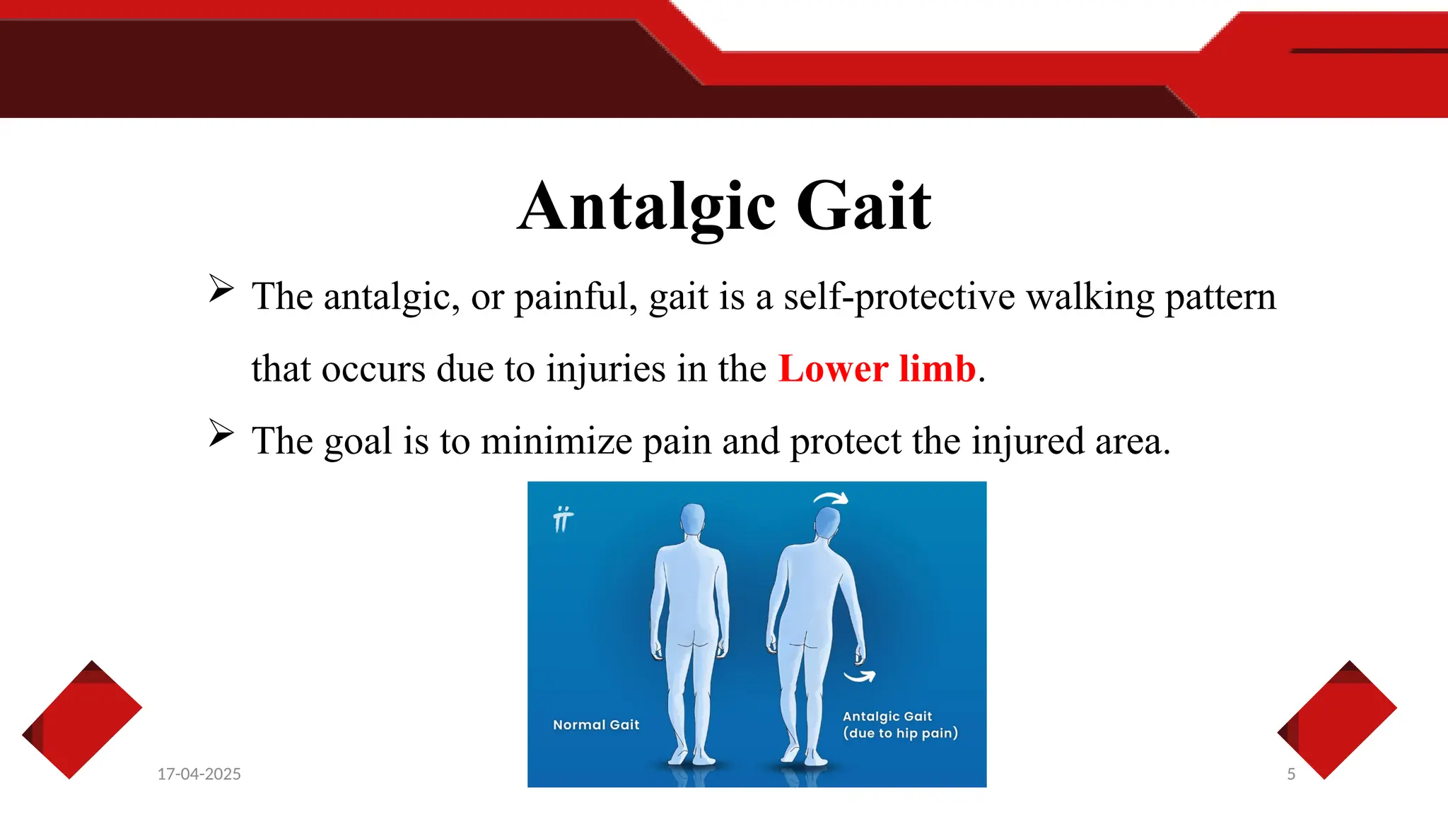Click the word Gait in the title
pyautogui.click(x=863, y=206)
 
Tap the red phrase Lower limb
pyautogui.click(x=877, y=369)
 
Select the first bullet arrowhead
pyautogui.click(x=221, y=289)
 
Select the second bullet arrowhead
pyautogui.click(x=221, y=433)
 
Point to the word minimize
pyautogui.click(x=556, y=442)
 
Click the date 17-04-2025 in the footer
pyautogui.click(x=199, y=774)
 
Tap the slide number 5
pyautogui.click(x=1291, y=774)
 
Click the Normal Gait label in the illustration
pyautogui.click(x=596, y=725)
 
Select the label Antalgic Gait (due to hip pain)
pyautogui.click(x=899, y=725)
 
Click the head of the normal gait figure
pyautogui.click(x=693, y=521)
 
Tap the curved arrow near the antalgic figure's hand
pyautogui.click(x=860, y=676)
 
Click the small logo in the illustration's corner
pyautogui.click(x=563, y=519)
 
